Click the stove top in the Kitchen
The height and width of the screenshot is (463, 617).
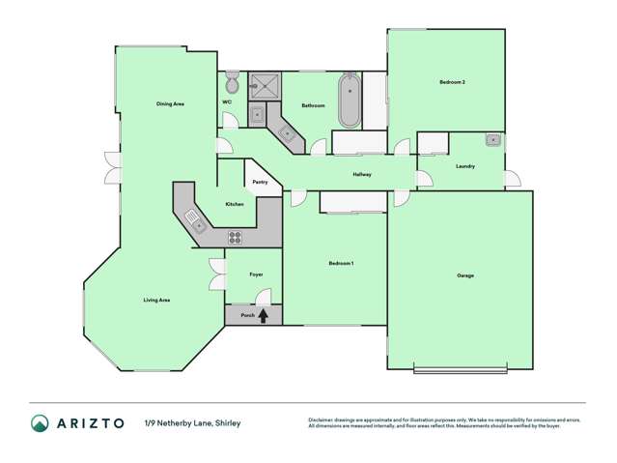click(235, 236)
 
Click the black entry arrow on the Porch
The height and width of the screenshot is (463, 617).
click(263, 314)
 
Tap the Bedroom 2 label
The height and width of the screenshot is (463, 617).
click(452, 83)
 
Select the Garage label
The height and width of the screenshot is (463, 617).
click(464, 275)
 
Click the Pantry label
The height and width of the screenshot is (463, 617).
click(260, 182)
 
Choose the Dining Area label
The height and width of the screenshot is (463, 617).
click(170, 103)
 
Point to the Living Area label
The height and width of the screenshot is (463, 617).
click(156, 301)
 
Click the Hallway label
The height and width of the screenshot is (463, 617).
click(362, 174)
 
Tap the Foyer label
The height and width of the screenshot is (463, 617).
click(256, 275)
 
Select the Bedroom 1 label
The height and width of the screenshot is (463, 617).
click(341, 263)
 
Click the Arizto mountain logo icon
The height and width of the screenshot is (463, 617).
click(40, 422)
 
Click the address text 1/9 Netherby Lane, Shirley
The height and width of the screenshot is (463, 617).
click(192, 422)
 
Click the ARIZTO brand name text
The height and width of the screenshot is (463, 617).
click(90, 422)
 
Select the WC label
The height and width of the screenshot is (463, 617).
click(227, 101)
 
